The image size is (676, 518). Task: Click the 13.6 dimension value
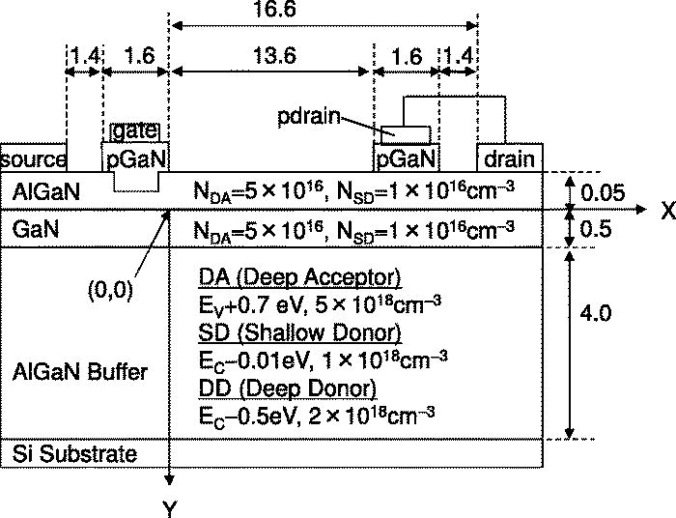coord(271,56)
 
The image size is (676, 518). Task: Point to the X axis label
coord(665,212)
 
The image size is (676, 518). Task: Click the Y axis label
coord(170,505)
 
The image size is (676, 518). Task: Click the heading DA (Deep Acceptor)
coord(299,279)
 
